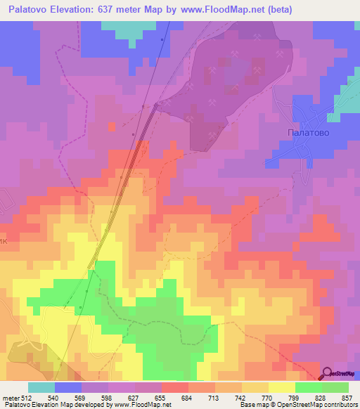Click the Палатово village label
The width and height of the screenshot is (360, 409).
point(309,131)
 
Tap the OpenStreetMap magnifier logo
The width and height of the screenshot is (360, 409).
point(328,373)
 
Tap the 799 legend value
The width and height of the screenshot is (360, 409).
point(292,398)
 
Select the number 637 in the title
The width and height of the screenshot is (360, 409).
point(125,10)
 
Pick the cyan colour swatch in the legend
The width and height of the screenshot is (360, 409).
point(41,387)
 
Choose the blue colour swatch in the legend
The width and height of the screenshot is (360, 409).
point(68,387)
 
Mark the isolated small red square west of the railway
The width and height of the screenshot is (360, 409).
point(111,126)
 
